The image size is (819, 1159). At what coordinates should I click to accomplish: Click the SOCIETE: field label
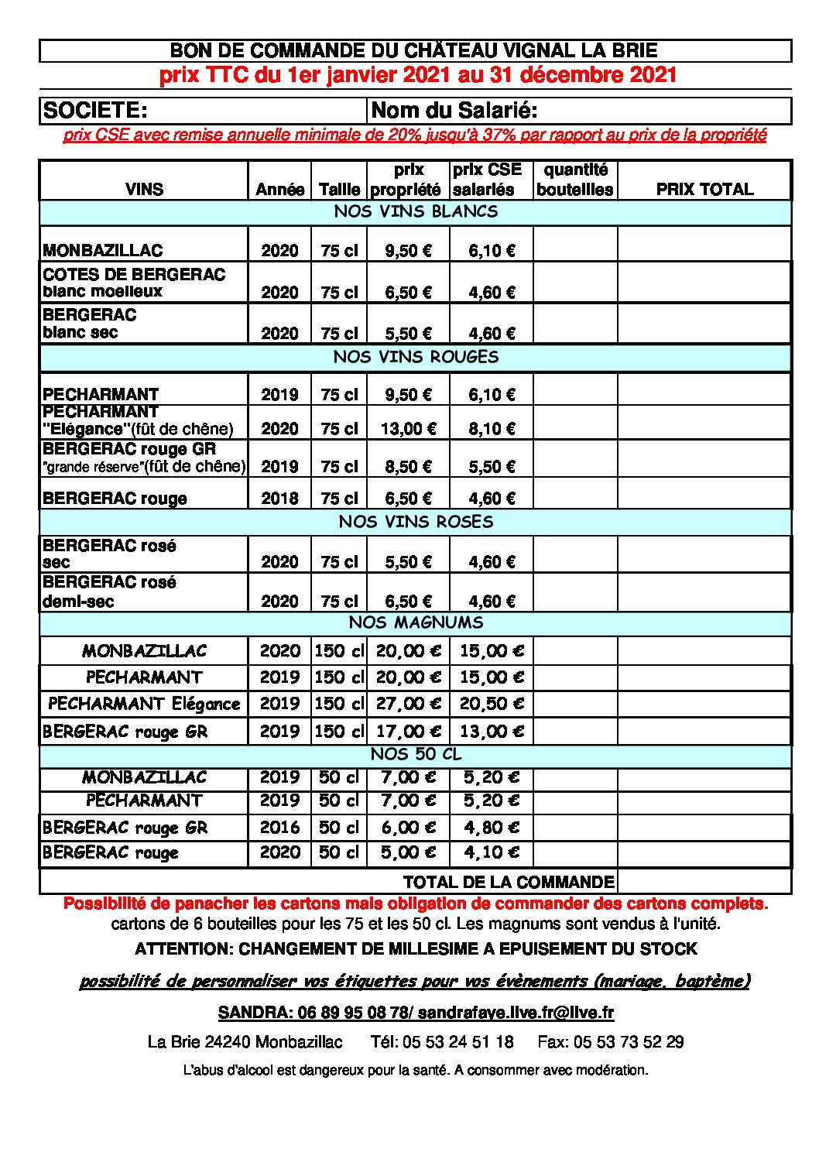(95, 110)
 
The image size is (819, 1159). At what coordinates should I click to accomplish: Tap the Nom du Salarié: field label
(454, 110)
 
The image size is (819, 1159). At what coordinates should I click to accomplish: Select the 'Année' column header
(279, 190)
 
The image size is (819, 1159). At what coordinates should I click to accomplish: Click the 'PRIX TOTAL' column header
(704, 190)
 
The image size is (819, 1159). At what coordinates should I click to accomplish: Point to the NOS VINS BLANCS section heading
(416, 211)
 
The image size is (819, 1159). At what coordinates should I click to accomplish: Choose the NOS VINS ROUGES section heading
(416, 357)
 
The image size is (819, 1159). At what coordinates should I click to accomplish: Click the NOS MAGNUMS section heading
(416, 622)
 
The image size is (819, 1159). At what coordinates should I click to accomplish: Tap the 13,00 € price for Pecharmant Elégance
(408, 429)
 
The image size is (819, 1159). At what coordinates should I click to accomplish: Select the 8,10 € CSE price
(492, 429)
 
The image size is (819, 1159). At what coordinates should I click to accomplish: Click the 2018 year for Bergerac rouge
(279, 499)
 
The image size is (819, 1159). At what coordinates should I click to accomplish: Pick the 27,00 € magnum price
(408, 704)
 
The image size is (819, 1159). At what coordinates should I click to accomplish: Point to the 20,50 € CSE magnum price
(492, 704)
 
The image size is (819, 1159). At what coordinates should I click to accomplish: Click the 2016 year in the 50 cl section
(279, 828)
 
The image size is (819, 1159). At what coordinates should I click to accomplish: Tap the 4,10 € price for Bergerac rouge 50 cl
(492, 852)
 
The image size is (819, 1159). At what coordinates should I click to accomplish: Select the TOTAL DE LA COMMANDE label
(509, 882)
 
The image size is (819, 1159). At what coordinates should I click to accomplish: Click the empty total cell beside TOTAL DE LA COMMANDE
(704, 882)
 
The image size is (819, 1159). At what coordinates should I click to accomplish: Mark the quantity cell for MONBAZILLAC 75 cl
(575, 245)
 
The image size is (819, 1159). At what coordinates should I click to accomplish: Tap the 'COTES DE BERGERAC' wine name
(134, 275)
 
